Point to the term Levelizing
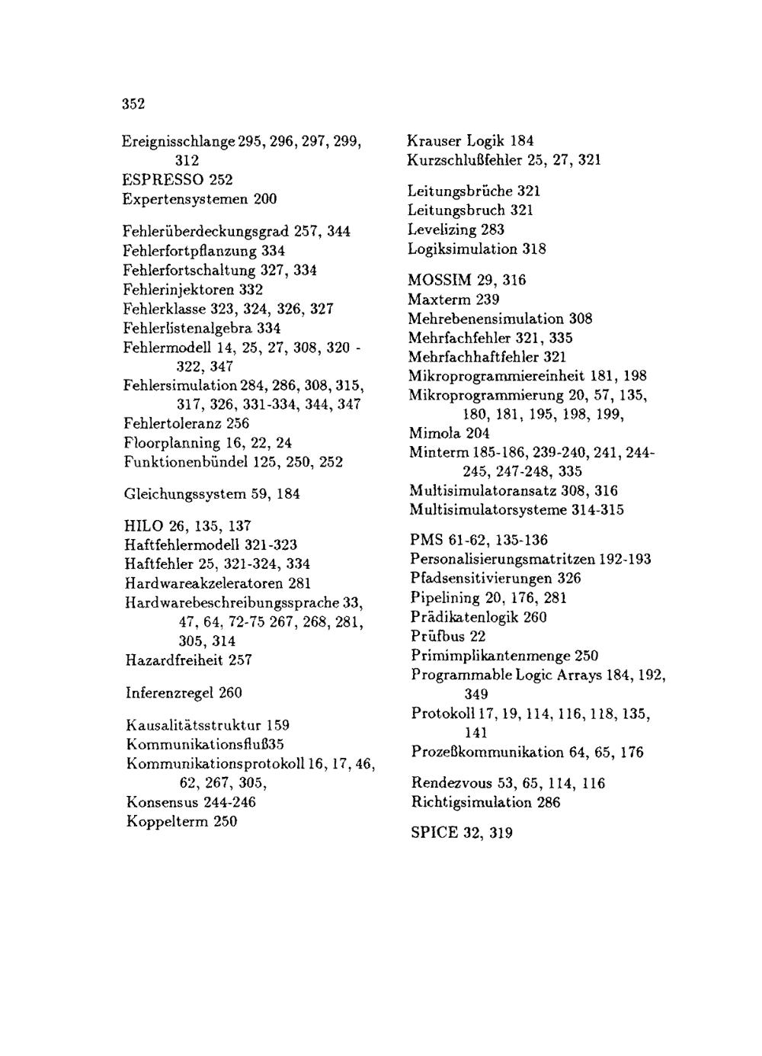point(440,229)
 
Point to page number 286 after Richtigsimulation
point(548,803)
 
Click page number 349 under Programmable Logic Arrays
point(476,695)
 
